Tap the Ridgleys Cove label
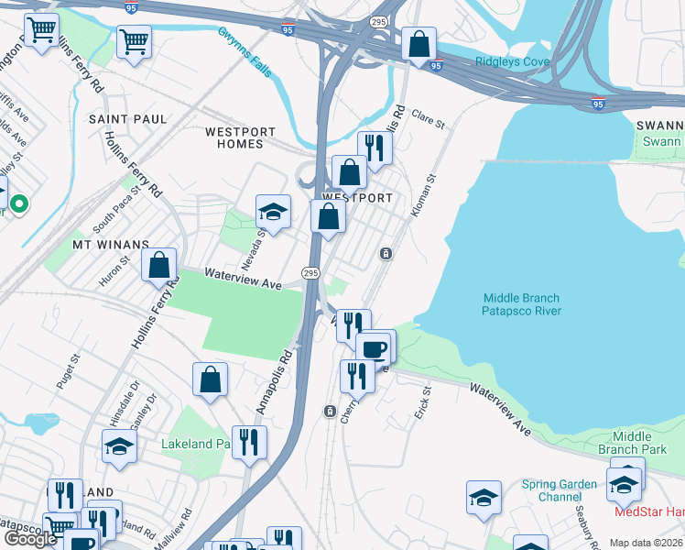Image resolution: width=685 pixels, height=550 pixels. (x=512, y=62)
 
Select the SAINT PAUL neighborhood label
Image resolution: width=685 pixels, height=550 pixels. (x=128, y=119)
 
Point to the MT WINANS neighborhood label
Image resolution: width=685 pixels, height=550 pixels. (x=111, y=245)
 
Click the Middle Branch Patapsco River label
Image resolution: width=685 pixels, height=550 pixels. (x=521, y=304)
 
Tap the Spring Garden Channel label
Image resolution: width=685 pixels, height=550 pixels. (x=559, y=490)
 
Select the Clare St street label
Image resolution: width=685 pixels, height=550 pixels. (x=428, y=119)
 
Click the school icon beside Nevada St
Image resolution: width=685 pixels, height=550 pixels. (x=273, y=213)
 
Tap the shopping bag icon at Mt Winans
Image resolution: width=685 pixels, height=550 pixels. (x=159, y=265)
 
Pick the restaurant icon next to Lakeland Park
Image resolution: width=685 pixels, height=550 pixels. (x=249, y=442)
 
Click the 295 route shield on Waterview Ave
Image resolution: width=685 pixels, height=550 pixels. (x=310, y=273)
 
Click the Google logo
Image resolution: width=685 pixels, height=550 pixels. (x=31, y=538)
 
